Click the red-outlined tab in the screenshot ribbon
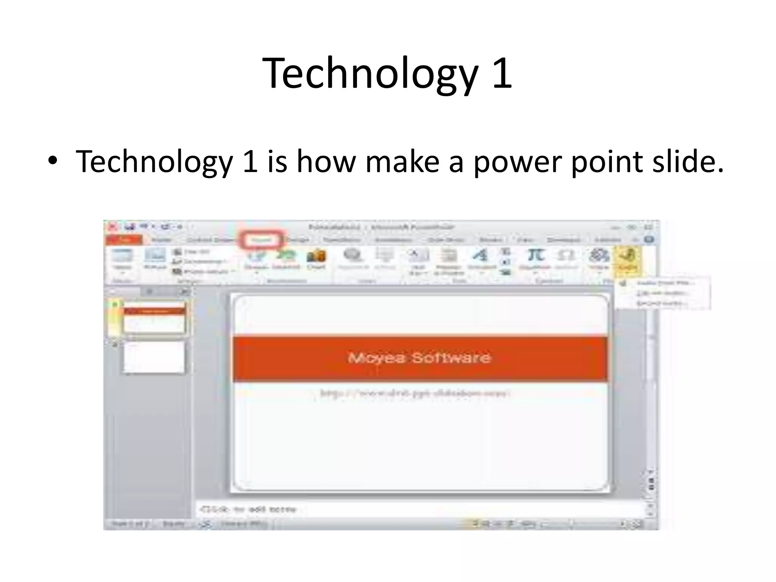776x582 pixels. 261,240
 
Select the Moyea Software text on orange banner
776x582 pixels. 419,358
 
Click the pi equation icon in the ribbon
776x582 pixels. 536,256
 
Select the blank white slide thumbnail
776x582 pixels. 154,357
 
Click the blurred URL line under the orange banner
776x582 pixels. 415,393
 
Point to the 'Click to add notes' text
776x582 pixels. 248,509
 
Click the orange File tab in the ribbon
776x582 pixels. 124,240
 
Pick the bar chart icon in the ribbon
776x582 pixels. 316,257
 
